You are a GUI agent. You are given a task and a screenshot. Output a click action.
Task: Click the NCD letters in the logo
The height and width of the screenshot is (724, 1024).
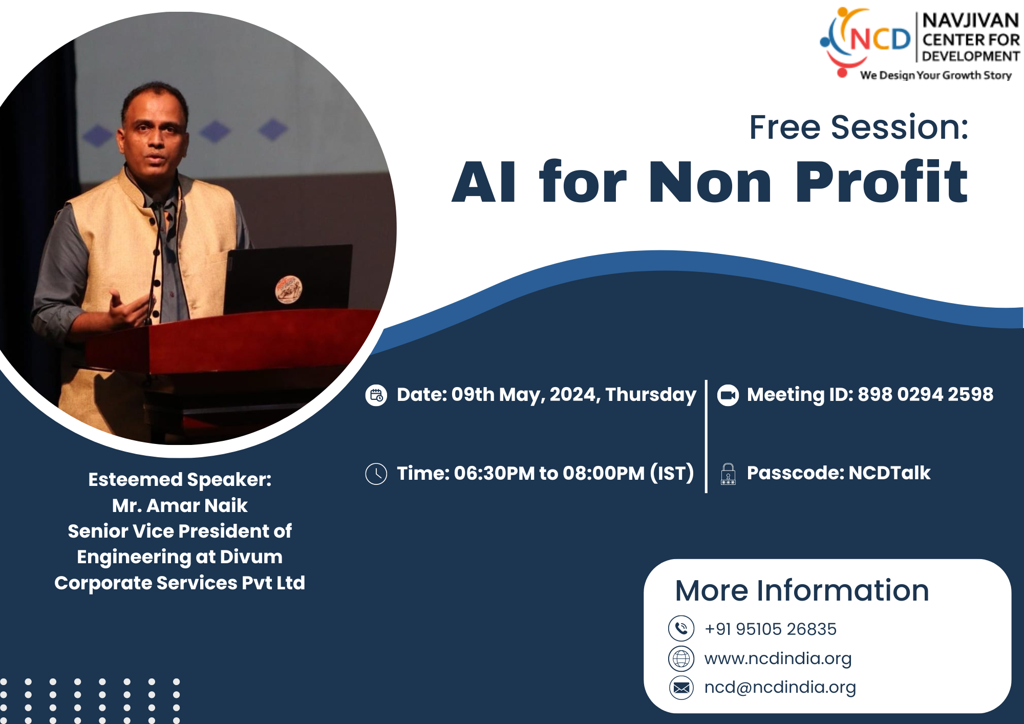pos(880,39)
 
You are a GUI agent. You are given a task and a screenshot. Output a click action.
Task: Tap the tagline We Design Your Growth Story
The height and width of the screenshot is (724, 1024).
pos(936,75)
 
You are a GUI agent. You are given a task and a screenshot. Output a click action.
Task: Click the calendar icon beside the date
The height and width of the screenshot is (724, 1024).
pos(376,395)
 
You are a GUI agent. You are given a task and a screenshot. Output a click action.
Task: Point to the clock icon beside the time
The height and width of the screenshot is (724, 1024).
pos(376,474)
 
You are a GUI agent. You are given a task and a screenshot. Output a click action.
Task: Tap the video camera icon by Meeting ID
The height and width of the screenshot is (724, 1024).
pos(728,395)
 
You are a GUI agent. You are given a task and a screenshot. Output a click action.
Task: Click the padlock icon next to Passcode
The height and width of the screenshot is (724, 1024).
pos(728,474)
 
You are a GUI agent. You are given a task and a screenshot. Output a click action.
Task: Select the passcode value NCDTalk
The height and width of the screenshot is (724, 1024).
pos(889,473)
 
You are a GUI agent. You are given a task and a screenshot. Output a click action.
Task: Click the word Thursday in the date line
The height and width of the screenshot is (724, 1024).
pos(651,395)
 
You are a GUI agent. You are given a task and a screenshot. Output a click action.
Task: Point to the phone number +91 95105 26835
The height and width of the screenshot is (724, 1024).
pos(771,629)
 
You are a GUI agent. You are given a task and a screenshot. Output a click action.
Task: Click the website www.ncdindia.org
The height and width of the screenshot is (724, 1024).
pos(778,658)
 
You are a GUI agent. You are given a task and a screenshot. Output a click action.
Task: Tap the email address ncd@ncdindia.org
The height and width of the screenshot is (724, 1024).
pos(780,687)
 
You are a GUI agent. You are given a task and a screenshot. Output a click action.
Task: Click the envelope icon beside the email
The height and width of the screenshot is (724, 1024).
pos(681,688)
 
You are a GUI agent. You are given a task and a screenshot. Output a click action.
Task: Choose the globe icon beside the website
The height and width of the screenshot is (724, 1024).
pos(681,658)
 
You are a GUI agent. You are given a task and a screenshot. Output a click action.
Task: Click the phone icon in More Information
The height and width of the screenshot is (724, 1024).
pos(681,628)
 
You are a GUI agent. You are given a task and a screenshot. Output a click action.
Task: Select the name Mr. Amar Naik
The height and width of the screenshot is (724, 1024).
pos(180,505)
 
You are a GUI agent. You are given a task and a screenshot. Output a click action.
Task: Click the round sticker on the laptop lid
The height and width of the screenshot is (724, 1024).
pos(289,289)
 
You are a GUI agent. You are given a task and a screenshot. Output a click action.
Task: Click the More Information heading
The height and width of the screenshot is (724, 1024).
pos(802,590)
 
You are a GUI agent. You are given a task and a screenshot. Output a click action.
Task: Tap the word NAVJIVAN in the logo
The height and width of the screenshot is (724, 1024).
pos(970,20)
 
